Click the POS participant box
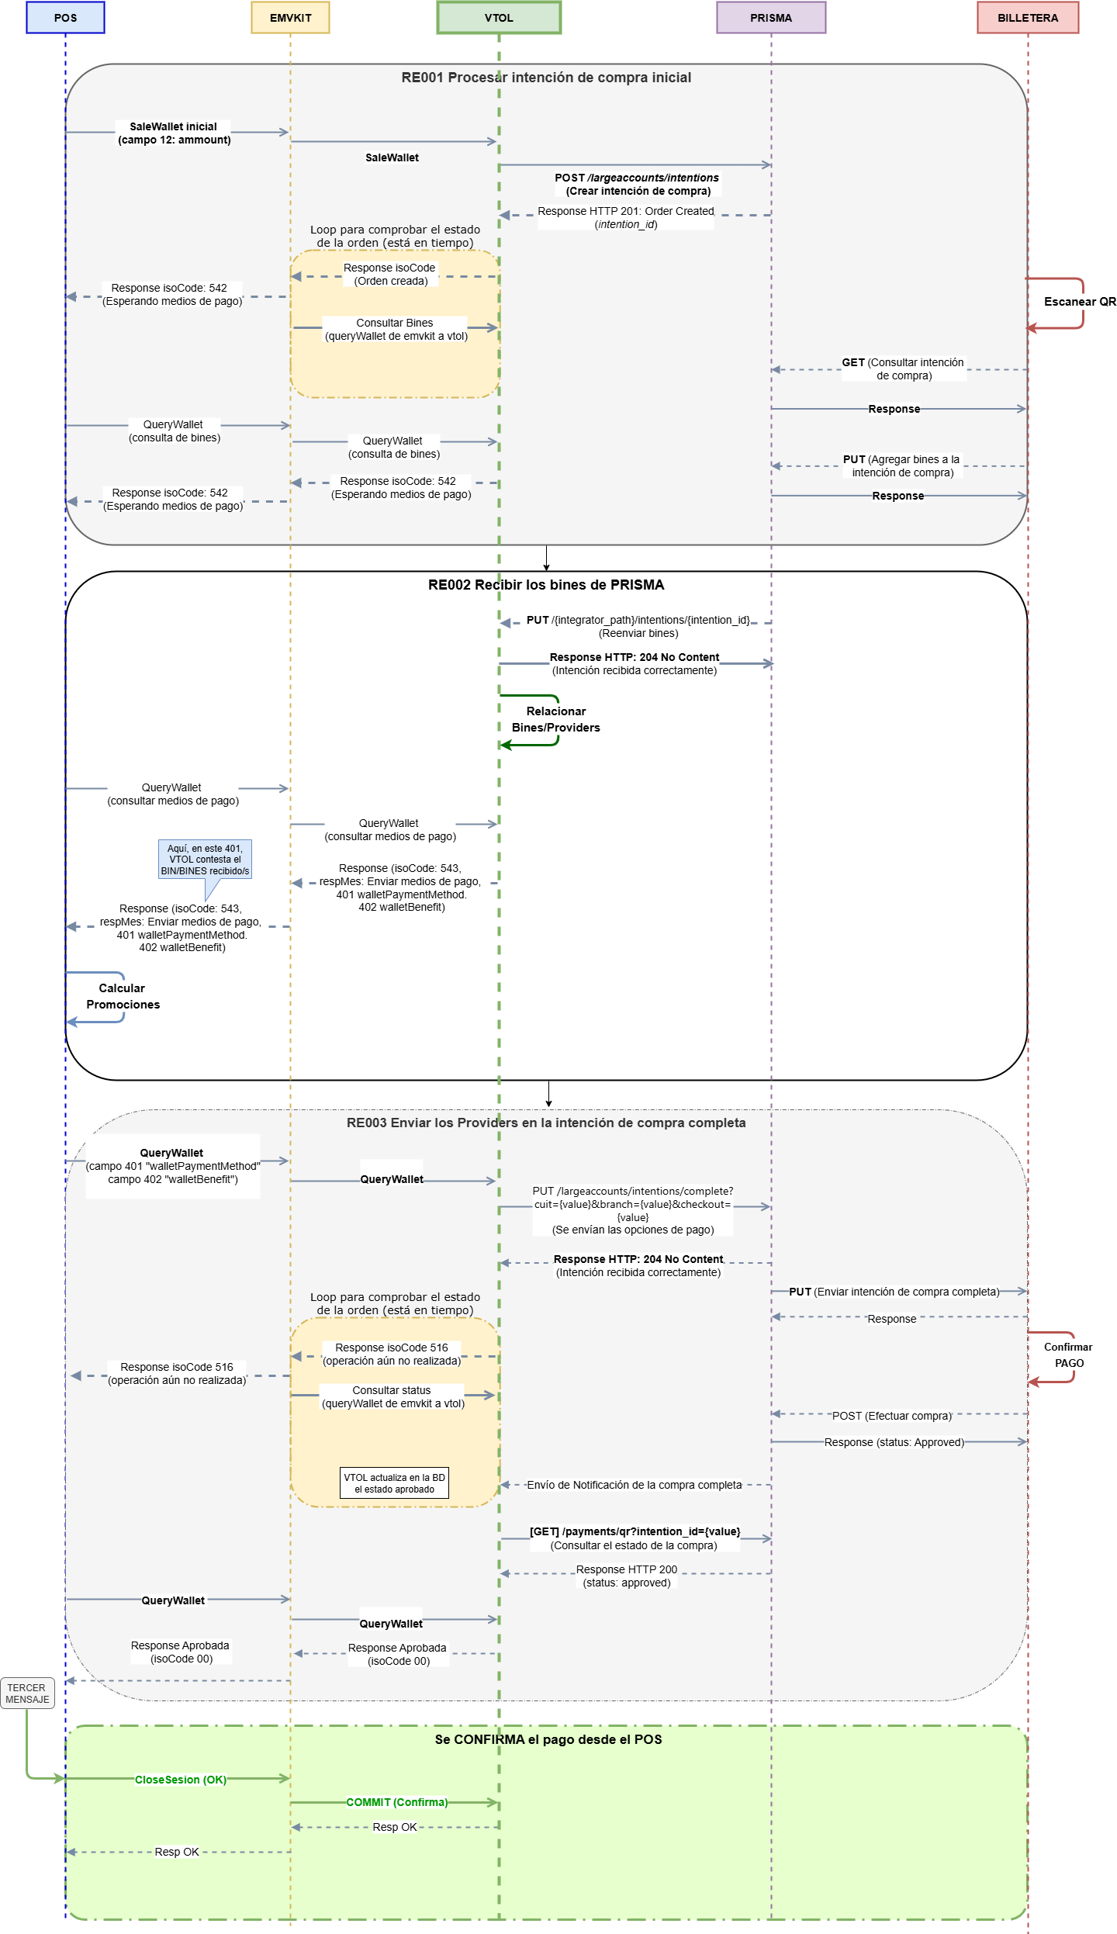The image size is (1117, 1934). pos(65,18)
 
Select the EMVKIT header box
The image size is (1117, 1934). pos(290,18)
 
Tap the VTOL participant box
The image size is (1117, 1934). pos(499,18)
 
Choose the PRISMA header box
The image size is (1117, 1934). pos(770,18)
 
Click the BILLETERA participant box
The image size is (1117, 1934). pos(1027,18)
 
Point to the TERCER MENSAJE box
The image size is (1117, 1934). pos(27,1694)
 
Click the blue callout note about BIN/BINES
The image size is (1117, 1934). pos(205,860)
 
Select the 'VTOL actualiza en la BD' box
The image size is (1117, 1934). pos(394,1483)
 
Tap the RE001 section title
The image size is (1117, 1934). pos(546,78)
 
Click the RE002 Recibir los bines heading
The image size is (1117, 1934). pos(546,585)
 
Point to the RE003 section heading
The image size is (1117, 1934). pos(546,1123)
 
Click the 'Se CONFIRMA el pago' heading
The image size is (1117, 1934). pos(548,1739)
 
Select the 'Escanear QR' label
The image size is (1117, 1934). pos(1080,302)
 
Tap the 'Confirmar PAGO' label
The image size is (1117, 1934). pos(1068,1355)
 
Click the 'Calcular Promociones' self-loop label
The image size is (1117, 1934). pos(123,996)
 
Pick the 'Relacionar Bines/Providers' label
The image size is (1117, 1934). pos(555,719)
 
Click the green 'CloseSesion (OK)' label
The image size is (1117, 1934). pos(181,1780)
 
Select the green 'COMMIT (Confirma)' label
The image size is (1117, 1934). pos(396,1802)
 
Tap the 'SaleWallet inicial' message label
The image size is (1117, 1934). pos(174,133)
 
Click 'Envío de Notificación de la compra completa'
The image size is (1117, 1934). pos(634,1485)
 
